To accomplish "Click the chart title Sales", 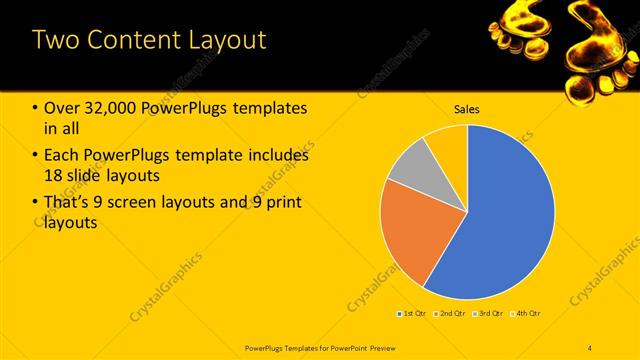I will [467, 108].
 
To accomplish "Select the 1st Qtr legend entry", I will [412, 314].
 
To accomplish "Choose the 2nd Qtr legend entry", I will [451, 314].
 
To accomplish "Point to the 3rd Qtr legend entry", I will [489, 314].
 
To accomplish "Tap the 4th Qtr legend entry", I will [527, 314].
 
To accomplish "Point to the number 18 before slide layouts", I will [53, 176].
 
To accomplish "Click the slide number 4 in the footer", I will [590, 347].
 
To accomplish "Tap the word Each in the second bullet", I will [62, 156].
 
